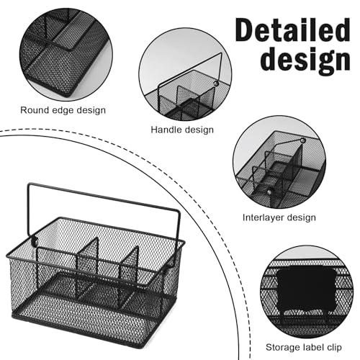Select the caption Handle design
(182, 130)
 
